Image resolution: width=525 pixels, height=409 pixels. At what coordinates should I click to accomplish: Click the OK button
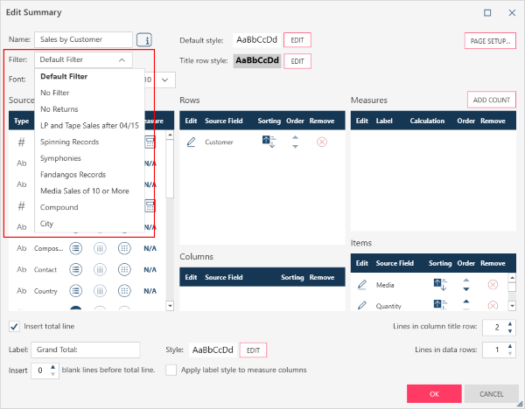(x=433, y=393)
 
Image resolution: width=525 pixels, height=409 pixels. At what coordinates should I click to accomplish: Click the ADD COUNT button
(x=491, y=100)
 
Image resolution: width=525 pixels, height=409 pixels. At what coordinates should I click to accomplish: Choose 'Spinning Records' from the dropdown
(x=69, y=142)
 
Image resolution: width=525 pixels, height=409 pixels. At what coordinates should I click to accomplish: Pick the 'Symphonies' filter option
(x=60, y=158)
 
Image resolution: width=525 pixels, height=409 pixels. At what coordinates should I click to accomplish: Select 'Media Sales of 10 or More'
(x=84, y=191)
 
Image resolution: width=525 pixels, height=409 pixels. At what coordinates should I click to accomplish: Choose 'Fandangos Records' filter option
(x=73, y=175)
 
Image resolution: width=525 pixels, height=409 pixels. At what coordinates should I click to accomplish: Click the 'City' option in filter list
(x=47, y=224)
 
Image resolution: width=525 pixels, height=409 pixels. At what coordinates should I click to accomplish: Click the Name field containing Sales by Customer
(x=83, y=39)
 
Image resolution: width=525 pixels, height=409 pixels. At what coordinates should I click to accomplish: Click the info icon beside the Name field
(x=143, y=39)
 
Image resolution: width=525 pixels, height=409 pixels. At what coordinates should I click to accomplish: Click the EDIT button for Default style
(x=297, y=40)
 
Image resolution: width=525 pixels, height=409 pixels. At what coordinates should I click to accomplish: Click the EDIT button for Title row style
(x=297, y=61)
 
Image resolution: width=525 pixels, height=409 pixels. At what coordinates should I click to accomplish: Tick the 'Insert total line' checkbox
(x=14, y=327)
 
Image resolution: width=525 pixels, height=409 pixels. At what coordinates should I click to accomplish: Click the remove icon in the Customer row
(x=321, y=142)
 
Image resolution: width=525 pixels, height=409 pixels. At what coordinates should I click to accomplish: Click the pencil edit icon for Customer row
(x=191, y=142)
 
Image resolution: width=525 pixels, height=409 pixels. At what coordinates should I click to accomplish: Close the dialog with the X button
(x=509, y=13)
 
